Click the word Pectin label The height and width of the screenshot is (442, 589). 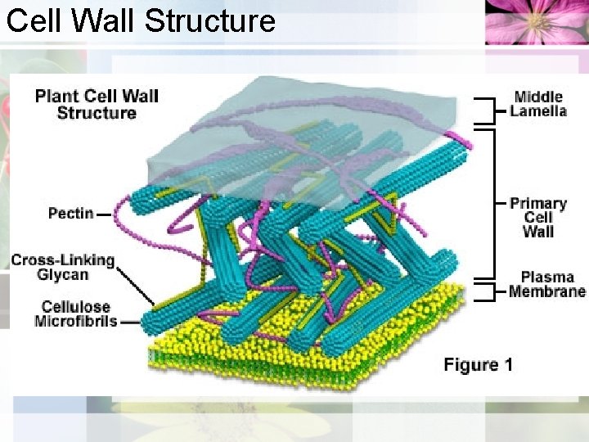point(70,214)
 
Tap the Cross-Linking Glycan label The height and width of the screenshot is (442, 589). point(62,267)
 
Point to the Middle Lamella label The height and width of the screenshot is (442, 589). point(537,104)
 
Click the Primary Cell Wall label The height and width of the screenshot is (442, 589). point(537,217)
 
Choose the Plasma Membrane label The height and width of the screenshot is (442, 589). point(546,284)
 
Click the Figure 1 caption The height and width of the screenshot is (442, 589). point(478,364)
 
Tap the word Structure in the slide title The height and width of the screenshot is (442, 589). point(209,20)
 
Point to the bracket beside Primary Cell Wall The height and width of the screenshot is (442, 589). point(489,201)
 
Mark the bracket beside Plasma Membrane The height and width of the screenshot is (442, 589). point(488,291)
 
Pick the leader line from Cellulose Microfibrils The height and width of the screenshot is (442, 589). point(129,322)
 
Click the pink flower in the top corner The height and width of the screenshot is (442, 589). point(535,22)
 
